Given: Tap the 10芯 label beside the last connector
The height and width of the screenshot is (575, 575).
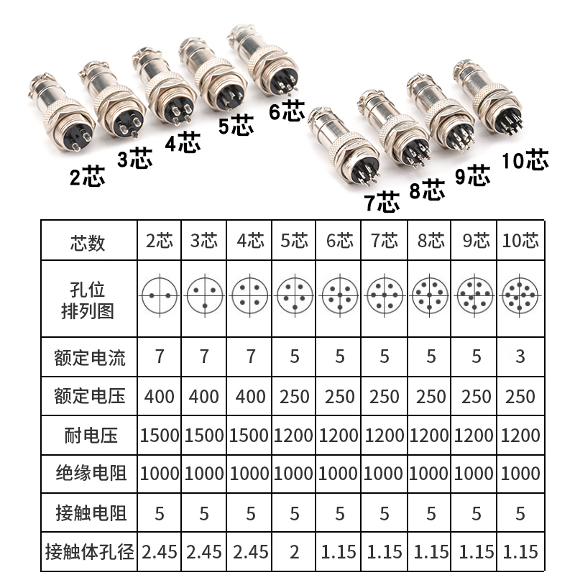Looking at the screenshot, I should (525, 160).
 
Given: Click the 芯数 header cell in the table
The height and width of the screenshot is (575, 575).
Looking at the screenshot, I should (88, 241).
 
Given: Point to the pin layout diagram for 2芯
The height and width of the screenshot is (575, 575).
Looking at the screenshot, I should (160, 295).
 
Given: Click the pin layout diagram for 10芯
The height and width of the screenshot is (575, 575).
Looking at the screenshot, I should (520, 295).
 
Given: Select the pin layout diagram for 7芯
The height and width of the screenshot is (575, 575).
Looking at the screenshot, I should (385, 295).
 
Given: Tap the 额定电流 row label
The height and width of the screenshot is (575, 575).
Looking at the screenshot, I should (88, 357).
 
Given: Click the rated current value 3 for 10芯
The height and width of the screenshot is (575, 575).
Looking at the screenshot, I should (520, 356).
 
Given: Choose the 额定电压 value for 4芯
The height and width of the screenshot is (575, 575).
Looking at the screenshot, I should (250, 396).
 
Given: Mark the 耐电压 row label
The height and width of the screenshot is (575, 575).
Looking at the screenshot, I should (88, 435).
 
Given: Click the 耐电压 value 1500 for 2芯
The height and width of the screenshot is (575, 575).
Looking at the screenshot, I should (160, 435).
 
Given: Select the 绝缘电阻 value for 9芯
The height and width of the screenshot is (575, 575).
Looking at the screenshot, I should (475, 474).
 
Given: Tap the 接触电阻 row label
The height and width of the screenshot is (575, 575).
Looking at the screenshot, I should (88, 513).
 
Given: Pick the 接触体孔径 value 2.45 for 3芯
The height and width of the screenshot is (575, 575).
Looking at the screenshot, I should (205, 552).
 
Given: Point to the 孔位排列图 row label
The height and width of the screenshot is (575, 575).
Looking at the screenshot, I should (88, 300).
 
